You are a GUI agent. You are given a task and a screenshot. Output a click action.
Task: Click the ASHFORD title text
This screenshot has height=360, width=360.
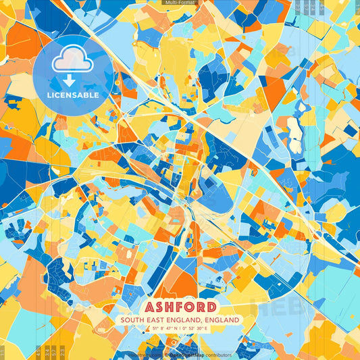(180, 306)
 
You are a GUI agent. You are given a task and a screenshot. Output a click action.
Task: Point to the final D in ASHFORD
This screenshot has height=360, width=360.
(210, 306)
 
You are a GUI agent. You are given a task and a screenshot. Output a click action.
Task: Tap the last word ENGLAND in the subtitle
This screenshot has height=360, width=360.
(224, 319)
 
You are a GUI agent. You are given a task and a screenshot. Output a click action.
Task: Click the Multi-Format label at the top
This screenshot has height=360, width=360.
(180, 3)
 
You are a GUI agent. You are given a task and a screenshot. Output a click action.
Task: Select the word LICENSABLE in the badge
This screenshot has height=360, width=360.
(73, 95)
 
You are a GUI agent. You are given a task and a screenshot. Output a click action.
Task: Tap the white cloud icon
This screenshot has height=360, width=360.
(73, 60)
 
